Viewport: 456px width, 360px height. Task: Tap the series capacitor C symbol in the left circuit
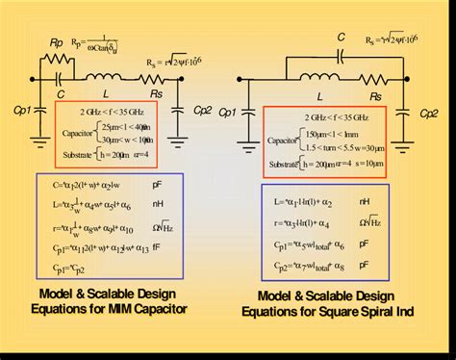62,78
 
